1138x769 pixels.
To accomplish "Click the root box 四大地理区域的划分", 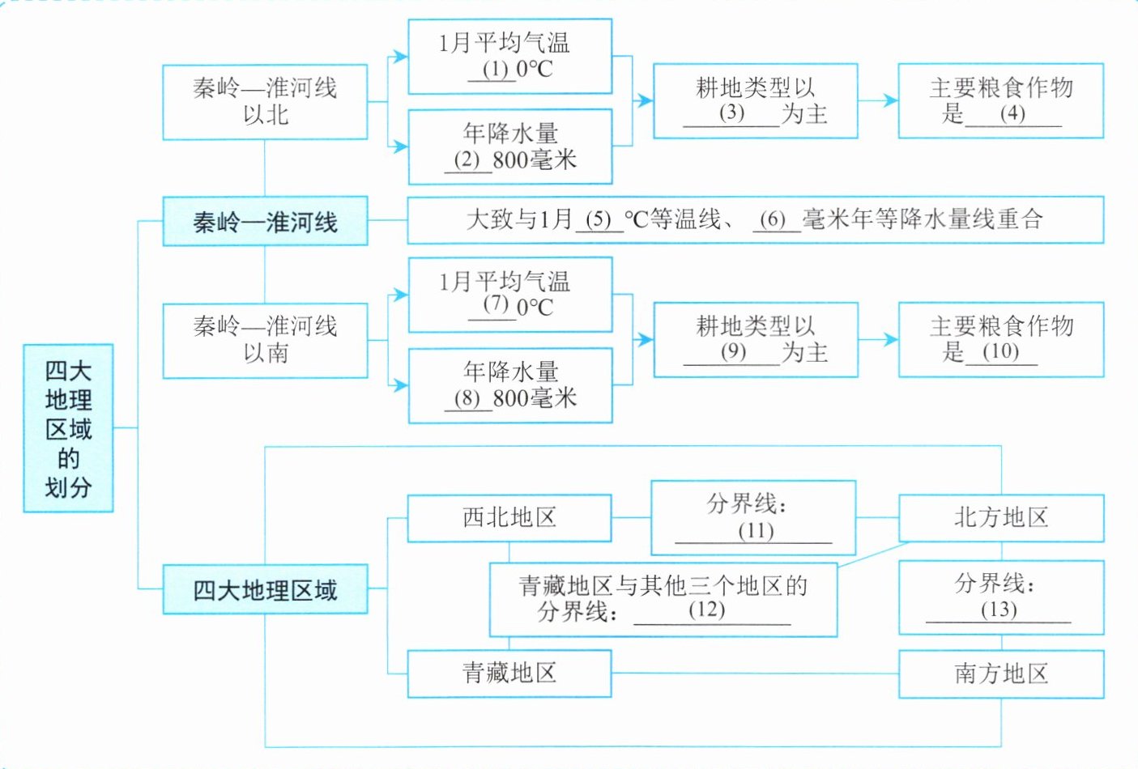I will pos(68,428).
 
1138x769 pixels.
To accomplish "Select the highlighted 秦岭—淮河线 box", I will pos(265,221).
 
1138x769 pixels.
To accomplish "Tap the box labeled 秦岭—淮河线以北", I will pos(265,101).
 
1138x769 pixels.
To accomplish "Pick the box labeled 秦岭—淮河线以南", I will pos(265,340).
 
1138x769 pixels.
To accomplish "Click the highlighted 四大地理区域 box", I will pos(265,589).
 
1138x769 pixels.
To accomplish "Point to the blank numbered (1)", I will pos(494,70).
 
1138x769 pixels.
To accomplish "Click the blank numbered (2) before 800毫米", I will pos(467,160).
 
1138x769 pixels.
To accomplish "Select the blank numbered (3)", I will pos(731,113).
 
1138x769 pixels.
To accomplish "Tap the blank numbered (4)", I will pos(1012,113).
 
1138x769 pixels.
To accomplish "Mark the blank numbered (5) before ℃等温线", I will pos(599,219).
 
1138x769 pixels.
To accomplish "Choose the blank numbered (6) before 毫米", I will pos(774,219).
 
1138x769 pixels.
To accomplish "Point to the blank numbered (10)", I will pos(1000,352).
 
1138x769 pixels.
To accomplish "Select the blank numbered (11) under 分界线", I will pos(755,531).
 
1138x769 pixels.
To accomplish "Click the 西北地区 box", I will pos(509,518).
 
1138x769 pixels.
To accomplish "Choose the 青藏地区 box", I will pos(509,673).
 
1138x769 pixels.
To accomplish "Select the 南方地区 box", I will pos(1001,673).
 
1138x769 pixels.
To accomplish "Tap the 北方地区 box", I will pos(1001,518).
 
